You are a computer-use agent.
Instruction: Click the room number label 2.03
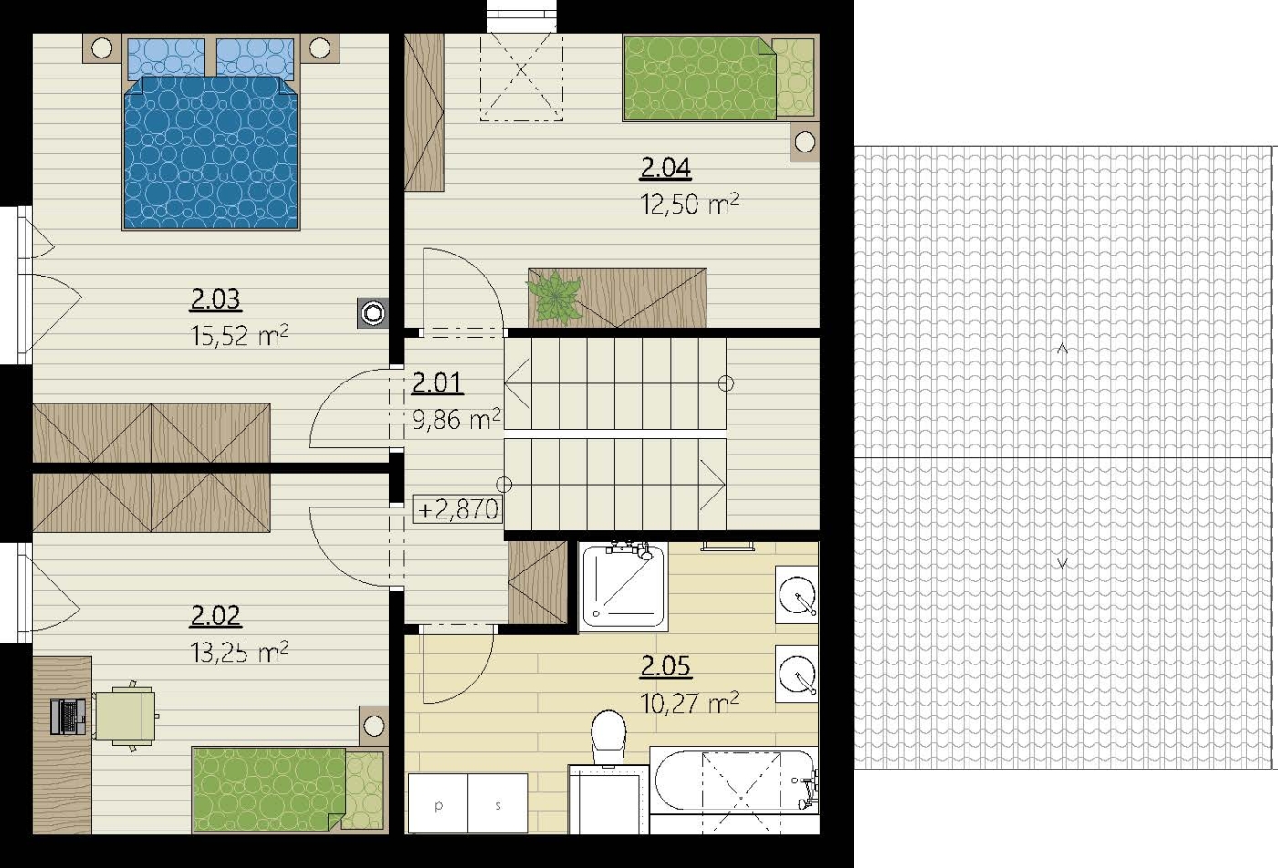pyautogui.click(x=215, y=299)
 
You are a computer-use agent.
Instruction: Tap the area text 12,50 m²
pyautogui.click(x=689, y=204)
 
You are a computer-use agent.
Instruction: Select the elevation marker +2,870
pyautogui.click(x=457, y=509)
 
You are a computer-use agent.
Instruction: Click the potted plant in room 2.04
pyautogui.click(x=555, y=298)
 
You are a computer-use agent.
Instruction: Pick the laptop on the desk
pyautogui.click(x=68, y=716)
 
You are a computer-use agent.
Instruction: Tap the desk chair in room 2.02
pyautogui.click(x=127, y=716)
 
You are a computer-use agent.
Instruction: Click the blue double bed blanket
pyautogui.click(x=211, y=152)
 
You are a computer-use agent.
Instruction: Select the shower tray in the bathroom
pyautogui.click(x=623, y=587)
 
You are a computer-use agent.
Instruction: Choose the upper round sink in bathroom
pyautogui.click(x=797, y=594)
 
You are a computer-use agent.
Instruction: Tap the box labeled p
pyautogui.click(x=437, y=803)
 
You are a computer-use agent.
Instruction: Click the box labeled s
pyautogui.click(x=498, y=803)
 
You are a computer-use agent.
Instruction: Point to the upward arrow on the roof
pyautogui.click(x=1063, y=360)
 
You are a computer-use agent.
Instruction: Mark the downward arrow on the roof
pyautogui.click(x=1063, y=550)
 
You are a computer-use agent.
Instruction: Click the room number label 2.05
pyautogui.click(x=665, y=666)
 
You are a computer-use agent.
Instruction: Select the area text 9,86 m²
pyautogui.click(x=456, y=419)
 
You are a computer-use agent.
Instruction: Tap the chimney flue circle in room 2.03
pyautogui.click(x=373, y=313)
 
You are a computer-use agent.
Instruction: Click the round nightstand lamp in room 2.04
pyautogui.click(x=804, y=142)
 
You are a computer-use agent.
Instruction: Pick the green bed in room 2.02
pyautogui.click(x=288, y=790)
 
